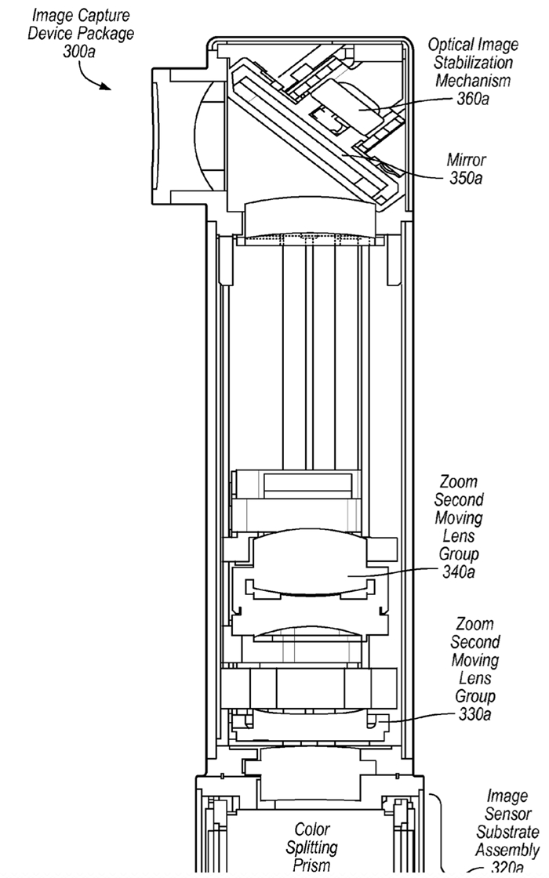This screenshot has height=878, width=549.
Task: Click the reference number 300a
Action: click(81, 50)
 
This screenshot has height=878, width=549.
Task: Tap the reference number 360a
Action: click(477, 99)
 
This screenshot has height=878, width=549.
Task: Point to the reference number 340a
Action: click(459, 572)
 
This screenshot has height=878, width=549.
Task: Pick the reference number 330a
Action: click(477, 715)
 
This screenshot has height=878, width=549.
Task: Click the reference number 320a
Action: click(507, 867)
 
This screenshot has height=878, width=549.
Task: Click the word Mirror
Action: click(466, 161)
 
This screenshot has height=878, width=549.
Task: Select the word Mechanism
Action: click(474, 81)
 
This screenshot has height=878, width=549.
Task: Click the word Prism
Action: click(313, 865)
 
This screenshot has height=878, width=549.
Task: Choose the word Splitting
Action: click(313, 847)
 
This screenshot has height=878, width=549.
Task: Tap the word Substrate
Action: click(507, 833)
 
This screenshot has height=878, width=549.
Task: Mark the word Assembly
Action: click(507, 850)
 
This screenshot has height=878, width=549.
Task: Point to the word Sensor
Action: click(507, 815)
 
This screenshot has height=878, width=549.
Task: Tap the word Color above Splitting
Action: click(313, 829)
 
